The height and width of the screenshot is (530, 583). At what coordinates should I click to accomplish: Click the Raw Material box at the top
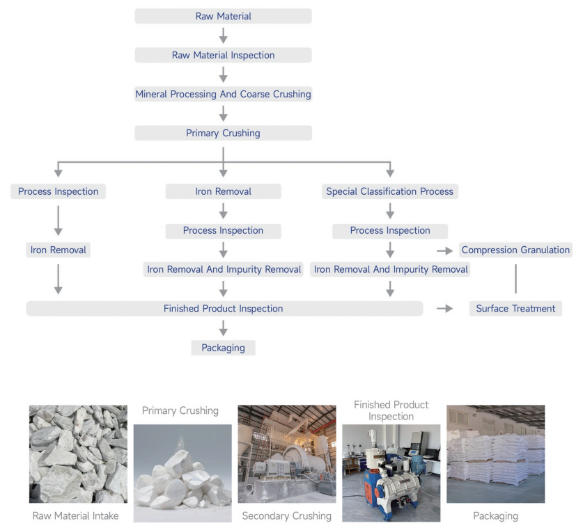[223, 16]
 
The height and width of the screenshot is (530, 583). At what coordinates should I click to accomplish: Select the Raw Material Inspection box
[223, 55]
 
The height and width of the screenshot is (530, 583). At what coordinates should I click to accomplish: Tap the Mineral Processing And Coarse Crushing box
[223, 94]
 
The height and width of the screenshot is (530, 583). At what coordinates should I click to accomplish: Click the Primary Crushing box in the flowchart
[223, 133]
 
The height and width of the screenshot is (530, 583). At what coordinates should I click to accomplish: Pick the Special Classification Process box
[389, 191]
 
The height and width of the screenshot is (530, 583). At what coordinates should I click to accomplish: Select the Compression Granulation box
[515, 250]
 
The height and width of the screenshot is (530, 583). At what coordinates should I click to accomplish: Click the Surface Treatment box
[515, 308]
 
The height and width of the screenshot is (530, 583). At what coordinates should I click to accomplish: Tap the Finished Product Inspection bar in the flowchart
[224, 308]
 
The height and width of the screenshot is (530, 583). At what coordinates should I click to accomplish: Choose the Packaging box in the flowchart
[223, 348]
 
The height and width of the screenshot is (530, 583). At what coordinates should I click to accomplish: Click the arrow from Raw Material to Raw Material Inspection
[223, 35]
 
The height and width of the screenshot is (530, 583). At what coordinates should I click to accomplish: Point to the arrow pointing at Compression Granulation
[444, 251]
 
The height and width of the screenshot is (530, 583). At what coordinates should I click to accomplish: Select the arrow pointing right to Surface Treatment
[444, 308]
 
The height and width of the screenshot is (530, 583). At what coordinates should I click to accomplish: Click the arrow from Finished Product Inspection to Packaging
[223, 328]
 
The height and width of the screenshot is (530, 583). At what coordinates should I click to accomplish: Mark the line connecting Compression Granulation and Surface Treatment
[515, 278]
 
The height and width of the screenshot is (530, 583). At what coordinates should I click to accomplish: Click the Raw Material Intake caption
[75, 515]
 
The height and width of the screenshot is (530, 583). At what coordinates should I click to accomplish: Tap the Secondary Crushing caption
[287, 515]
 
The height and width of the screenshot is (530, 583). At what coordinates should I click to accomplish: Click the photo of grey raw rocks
[78, 454]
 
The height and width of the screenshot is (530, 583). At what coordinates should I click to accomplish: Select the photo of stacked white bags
[496, 454]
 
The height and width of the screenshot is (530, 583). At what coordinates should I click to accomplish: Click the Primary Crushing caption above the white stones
[180, 410]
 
